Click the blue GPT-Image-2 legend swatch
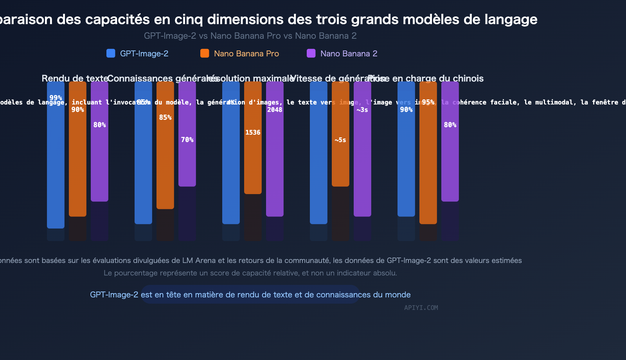pos(111,53)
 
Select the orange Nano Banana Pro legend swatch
pos(205,53)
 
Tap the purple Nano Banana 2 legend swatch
pos(311,53)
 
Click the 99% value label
pos(56,98)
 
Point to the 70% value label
pos(187,140)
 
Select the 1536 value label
pos(253,132)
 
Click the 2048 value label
pos(275,110)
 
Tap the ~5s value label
pos(340,140)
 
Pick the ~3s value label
pos(362,110)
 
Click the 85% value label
pos(165,117)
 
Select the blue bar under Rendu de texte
pos(56,164)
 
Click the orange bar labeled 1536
pos(253,164)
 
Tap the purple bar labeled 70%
pos(187,164)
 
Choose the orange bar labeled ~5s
pos(340,164)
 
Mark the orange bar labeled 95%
pos(428,164)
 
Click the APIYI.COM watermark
pos(421,308)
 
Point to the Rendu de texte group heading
pos(75,78)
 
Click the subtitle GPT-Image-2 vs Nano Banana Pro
pos(250,36)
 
